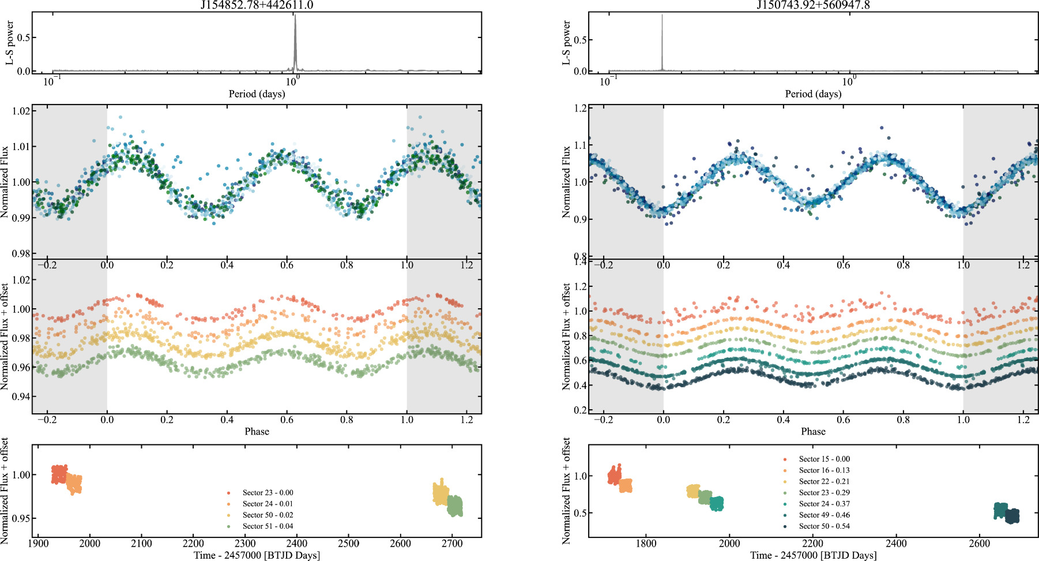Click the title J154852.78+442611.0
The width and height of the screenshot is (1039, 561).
point(257,5)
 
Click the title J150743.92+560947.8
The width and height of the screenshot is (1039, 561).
point(813,5)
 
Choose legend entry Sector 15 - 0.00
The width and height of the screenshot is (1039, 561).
point(824,459)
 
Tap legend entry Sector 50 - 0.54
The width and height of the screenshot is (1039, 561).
point(824,526)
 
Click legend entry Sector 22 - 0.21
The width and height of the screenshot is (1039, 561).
point(824,481)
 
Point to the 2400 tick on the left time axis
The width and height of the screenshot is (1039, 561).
point(297,543)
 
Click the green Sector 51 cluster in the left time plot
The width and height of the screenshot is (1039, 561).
point(455,506)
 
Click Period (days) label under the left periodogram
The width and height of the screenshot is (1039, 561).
point(257,94)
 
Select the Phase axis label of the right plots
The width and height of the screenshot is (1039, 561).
point(813,432)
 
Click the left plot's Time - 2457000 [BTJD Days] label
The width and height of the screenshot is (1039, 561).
point(257,555)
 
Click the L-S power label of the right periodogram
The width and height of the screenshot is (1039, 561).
point(566,42)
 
